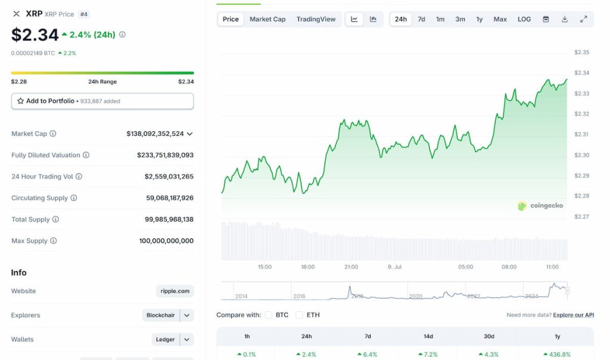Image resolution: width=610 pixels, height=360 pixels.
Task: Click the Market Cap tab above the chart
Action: [x=267, y=19]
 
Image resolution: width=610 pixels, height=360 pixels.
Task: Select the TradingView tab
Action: [x=316, y=19]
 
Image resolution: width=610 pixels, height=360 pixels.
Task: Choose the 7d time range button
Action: [x=421, y=19]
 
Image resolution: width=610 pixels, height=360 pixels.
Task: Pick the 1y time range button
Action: [x=479, y=19]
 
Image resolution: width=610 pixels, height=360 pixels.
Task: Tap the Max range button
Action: [x=500, y=19]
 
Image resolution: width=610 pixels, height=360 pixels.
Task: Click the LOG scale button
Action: [x=524, y=19]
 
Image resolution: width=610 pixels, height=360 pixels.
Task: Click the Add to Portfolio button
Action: [x=102, y=101]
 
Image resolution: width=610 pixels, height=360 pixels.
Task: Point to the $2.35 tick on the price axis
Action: [x=581, y=52]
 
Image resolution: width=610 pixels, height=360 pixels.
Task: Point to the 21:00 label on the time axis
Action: [x=351, y=267]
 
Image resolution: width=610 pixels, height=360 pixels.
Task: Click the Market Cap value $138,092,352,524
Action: [x=155, y=134]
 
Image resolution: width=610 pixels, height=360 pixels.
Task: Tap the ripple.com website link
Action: [x=175, y=291]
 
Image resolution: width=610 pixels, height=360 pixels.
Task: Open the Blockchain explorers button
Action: [x=161, y=315]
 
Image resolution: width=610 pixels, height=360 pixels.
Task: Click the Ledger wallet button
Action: [x=166, y=340]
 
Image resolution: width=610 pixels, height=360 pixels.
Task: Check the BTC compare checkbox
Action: [x=269, y=315]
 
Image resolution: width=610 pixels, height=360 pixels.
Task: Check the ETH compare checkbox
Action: [x=300, y=315]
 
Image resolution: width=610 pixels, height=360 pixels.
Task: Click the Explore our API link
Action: [x=573, y=315]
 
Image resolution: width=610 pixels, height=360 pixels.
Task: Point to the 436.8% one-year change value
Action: [x=557, y=354]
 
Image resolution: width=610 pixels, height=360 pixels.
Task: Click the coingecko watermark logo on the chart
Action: [x=540, y=206]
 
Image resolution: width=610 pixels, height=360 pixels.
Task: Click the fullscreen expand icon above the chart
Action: [x=583, y=19]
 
